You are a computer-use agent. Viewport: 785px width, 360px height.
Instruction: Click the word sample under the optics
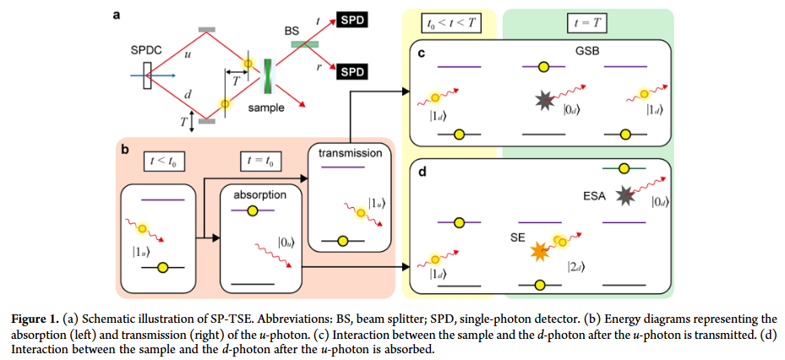pyautogui.click(x=266, y=107)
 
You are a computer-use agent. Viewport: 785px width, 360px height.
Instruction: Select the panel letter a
pyautogui.click(x=117, y=14)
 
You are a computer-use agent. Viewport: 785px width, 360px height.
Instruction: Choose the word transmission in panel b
pyautogui.click(x=350, y=153)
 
